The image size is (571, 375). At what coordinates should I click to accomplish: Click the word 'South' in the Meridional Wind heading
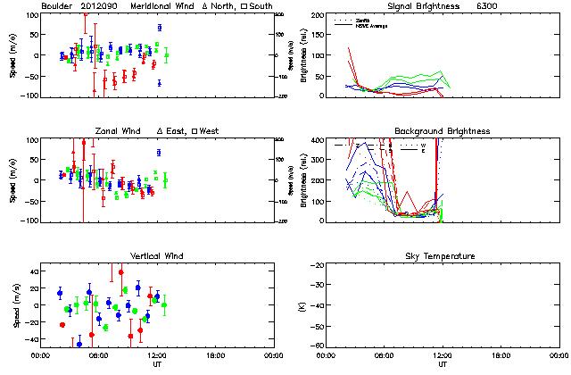(x=259, y=6)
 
